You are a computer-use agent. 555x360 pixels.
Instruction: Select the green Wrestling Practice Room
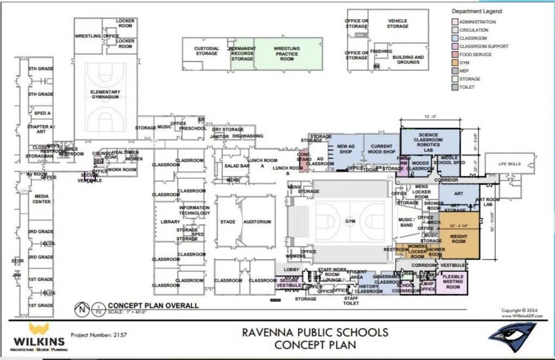(287, 54)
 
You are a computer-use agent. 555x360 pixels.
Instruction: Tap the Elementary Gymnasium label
(106, 94)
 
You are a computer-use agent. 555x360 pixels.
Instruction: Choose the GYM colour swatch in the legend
(455, 62)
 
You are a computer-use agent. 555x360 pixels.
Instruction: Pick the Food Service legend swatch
(455, 54)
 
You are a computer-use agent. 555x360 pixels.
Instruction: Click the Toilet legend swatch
(455, 87)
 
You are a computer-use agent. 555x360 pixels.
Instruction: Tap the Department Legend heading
(476, 11)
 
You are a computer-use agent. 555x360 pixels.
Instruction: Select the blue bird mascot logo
(513, 337)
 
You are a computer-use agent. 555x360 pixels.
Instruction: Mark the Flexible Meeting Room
(453, 281)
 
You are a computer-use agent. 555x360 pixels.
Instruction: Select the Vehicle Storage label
(397, 23)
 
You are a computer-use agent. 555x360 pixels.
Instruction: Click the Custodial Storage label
(206, 51)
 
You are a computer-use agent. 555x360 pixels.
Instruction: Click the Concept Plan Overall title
(153, 305)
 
